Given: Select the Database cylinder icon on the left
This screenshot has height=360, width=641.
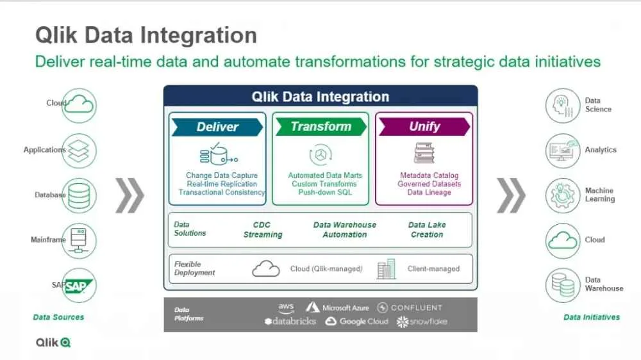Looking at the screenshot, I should (79, 195).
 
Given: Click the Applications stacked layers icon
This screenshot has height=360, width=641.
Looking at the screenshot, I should (79, 151).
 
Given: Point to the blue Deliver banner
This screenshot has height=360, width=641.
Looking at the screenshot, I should (217, 127).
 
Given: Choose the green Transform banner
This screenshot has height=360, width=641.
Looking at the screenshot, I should (320, 127).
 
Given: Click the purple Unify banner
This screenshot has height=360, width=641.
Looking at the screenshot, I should (424, 127).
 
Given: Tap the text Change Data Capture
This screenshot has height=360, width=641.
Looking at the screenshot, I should (222, 176).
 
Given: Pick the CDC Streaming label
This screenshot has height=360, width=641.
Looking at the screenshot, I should (262, 230).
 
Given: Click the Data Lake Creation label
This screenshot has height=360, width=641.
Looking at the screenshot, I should (427, 230).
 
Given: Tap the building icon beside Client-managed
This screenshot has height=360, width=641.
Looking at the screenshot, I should (387, 269).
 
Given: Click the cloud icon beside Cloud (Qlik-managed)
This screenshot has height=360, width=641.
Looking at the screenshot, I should (266, 269).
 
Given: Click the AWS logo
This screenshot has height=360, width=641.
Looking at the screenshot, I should (286, 307).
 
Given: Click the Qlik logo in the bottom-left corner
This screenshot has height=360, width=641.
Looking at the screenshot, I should (53, 343).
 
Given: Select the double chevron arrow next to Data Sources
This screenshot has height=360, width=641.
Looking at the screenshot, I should (130, 195).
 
